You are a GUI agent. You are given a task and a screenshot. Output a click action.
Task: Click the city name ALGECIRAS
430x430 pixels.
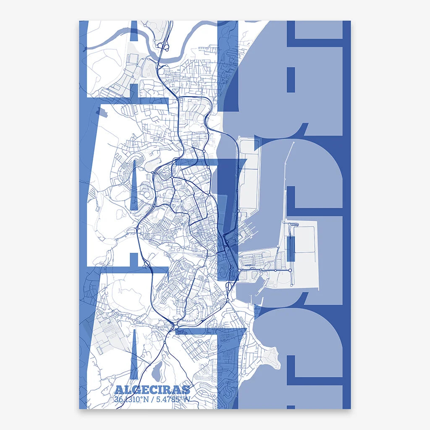tap(152, 390)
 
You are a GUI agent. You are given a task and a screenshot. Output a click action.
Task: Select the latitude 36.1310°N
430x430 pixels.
tap(131, 399)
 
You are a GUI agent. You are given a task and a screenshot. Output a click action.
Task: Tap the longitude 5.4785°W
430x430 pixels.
tap(172, 399)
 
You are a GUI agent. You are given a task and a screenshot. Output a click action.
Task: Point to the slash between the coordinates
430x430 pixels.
tap(152, 399)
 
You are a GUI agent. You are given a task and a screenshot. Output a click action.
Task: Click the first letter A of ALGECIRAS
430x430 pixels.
tap(118, 390)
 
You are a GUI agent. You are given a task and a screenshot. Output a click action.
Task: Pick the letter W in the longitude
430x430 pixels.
tap(186, 399)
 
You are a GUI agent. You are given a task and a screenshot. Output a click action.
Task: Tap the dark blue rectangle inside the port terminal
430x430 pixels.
tap(291, 248)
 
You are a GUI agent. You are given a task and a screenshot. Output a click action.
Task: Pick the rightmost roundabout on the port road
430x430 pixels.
tap(276, 270)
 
